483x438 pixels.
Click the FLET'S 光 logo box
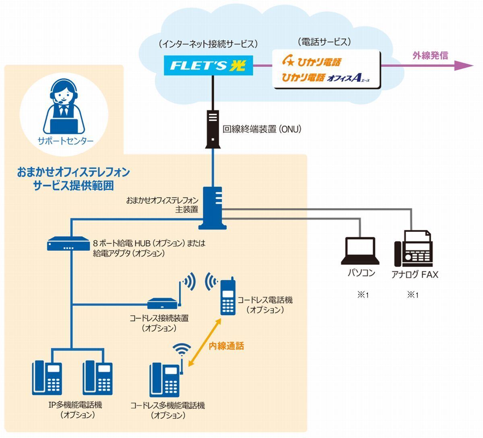coord(208,65)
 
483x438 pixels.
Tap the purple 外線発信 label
coord(430,56)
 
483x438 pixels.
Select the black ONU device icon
coord(213,129)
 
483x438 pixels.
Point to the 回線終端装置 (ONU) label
coord(262,129)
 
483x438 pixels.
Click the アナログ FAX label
coord(415,275)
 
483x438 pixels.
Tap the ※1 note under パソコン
coord(363,295)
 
